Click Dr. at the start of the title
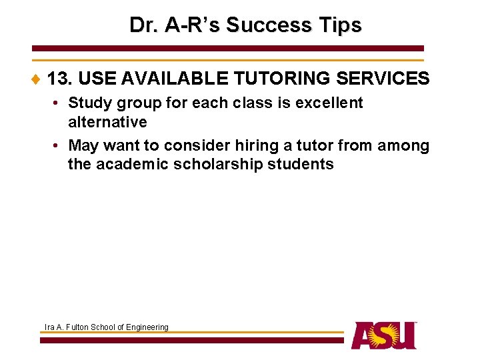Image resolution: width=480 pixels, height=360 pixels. pos(144,25)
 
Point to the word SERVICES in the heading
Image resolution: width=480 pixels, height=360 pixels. pos(383,79)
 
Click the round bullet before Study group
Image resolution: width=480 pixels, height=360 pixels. pos(58,103)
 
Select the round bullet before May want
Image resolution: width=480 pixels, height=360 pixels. pos(58,146)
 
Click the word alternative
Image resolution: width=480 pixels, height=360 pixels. pos(107,122)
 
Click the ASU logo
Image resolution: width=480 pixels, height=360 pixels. pos(384,335)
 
